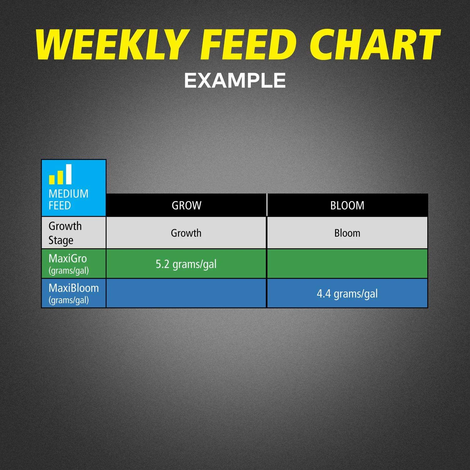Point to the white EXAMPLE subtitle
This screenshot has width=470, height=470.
pyautogui.click(x=235, y=81)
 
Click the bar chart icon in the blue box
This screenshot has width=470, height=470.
pyautogui.click(x=60, y=174)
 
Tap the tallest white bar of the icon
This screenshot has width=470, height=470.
pyautogui.click(x=69, y=174)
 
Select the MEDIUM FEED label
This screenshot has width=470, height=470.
pyautogui.click(x=68, y=200)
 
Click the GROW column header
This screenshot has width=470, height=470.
pyautogui.click(x=186, y=206)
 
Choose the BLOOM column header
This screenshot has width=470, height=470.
pyautogui.click(x=347, y=206)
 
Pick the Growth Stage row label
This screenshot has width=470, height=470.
pyautogui.click(x=65, y=233)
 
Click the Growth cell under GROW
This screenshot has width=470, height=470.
pyautogui.click(x=186, y=233)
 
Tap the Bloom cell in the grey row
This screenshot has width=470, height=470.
pyautogui.click(x=347, y=233)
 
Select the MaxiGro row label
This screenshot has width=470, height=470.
pyautogui.click(x=69, y=264)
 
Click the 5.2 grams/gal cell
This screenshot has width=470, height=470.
pyautogui.click(x=186, y=264)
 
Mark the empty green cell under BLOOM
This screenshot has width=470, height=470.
pyautogui.click(x=347, y=264)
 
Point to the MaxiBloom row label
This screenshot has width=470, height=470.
pyautogui.click(x=74, y=294)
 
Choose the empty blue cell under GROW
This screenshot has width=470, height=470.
pyautogui.click(x=186, y=293)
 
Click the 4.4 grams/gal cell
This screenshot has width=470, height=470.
pyautogui.click(x=347, y=293)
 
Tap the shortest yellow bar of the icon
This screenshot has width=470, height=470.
pyautogui.click(x=52, y=180)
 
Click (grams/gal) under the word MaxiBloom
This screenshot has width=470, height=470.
pyautogui.click(x=69, y=300)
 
